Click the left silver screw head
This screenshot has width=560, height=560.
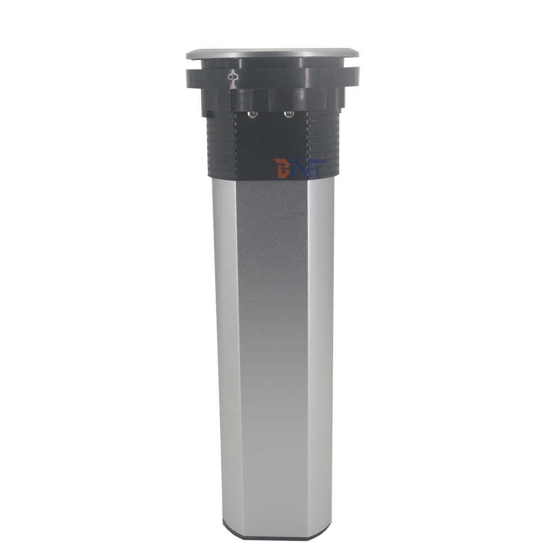point(252,114)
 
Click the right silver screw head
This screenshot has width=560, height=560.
point(288,114)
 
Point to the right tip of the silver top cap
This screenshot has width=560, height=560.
point(358,54)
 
